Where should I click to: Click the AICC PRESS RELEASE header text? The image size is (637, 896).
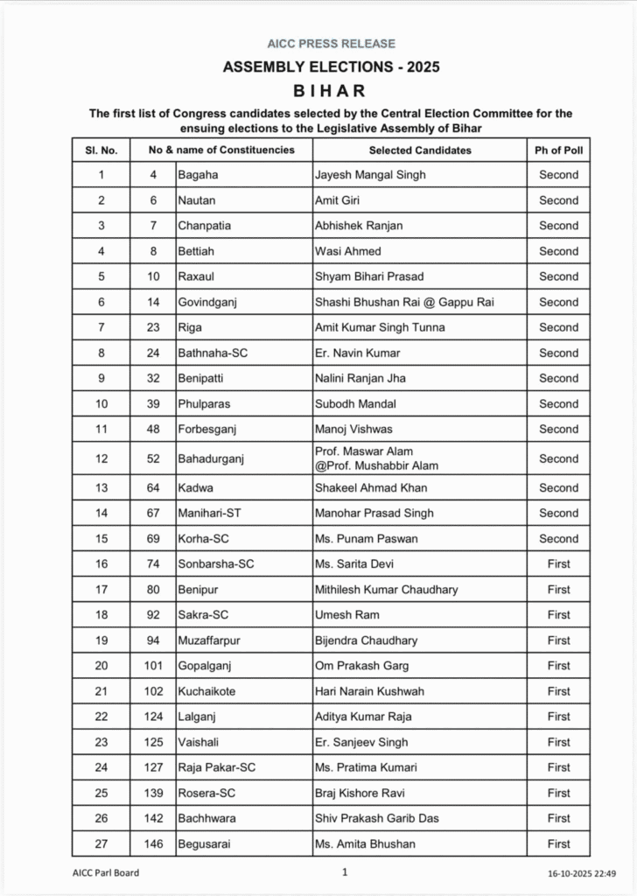pyautogui.click(x=331, y=43)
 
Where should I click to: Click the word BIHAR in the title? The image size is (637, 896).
pyautogui.click(x=331, y=90)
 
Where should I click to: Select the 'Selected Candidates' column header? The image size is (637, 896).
pyautogui.click(x=420, y=150)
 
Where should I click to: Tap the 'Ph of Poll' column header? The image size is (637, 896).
pyautogui.click(x=558, y=150)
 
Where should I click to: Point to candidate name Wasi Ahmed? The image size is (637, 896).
pyautogui.click(x=348, y=251)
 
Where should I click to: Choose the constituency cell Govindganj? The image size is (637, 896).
pyautogui.click(x=207, y=302)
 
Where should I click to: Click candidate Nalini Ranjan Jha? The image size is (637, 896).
pyautogui.click(x=360, y=378)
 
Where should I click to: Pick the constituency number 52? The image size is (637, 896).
pyautogui.click(x=153, y=458)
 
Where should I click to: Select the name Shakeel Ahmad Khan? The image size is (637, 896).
pyautogui.click(x=371, y=487)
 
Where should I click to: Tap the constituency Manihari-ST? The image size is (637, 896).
pyautogui.click(x=210, y=513)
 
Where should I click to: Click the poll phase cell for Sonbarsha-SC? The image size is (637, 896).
pyautogui.click(x=558, y=563)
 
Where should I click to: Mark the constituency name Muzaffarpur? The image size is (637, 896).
pyautogui.click(x=209, y=640)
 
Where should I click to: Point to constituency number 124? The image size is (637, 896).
pyautogui.click(x=153, y=717)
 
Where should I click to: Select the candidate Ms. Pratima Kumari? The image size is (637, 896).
pyautogui.click(x=366, y=767)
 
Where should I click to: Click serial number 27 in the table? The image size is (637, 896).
pyautogui.click(x=101, y=843)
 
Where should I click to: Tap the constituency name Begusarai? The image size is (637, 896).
pyautogui.click(x=205, y=843)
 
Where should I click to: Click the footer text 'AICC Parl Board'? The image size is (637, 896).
pyautogui.click(x=105, y=872)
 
